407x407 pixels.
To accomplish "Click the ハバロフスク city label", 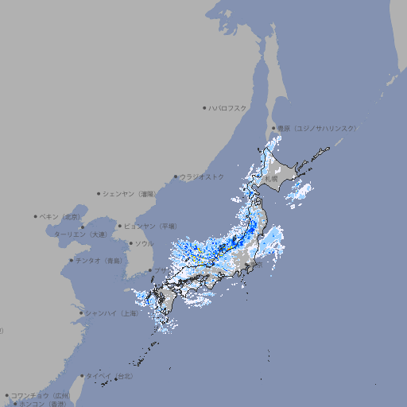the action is pyautogui.click(x=228, y=107).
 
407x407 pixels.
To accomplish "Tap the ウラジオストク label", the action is pyautogui.click(x=202, y=176).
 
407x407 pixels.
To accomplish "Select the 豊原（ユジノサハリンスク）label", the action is pyautogui.click(x=316, y=128).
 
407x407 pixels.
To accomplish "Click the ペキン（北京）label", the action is pyautogui.click(x=61, y=216).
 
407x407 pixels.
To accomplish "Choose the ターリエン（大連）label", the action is pyautogui.click(x=79, y=235).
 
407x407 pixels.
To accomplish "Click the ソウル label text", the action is pyautogui.click(x=144, y=243).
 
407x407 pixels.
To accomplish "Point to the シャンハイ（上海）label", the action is pyautogui.click(x=111, y=313).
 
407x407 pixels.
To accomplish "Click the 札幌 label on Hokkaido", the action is pyautogui.click(x=271, y=180).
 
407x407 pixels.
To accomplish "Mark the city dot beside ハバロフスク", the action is pyautogui.click(x=204, y=107).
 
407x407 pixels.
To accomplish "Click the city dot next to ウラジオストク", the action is pyautogui.click(x=176, y=176).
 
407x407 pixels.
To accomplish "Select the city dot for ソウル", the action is pyautogui.click(x=130, y=243).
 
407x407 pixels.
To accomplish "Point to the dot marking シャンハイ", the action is pyautogui.click(x=81, y=313).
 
